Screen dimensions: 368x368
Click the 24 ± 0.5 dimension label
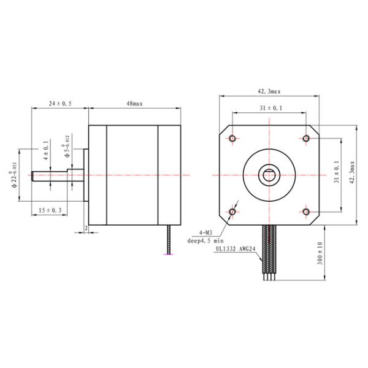click(60, 104)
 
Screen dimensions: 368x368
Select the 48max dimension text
click(134, 104)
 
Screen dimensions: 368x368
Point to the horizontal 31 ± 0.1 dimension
click(270, 108)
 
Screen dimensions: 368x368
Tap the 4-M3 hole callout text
click(204, 233)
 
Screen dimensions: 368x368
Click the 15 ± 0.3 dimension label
click(50, 210)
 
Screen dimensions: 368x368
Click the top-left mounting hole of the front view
click(232, 139)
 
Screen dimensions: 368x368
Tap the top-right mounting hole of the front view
click(306, 139)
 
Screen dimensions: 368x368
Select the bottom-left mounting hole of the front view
click(232, 212)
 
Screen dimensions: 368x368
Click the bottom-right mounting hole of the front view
click(306, 212)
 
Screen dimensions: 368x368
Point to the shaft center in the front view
click(269, 175)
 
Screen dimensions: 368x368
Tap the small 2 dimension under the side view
click(86, 228)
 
